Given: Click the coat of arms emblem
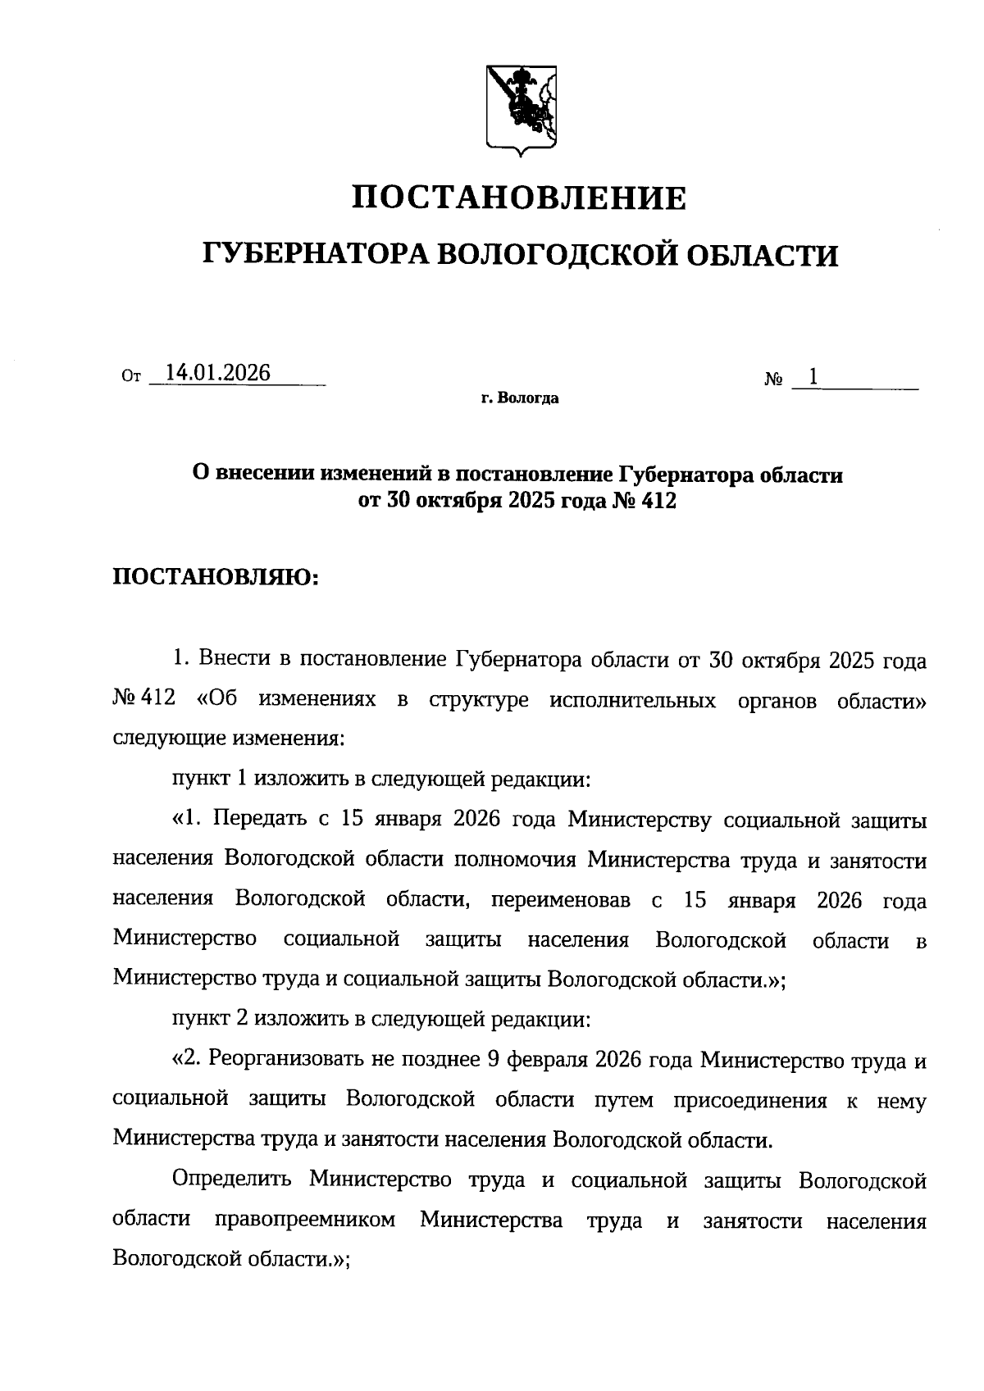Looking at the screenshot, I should [521, 107].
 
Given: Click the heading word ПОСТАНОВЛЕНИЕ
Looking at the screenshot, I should [520, 198].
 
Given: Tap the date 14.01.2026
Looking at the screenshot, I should [217, 373].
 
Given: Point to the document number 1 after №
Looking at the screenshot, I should [813, 377].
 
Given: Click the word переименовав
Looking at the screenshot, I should [561, 900].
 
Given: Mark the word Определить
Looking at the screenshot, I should [232, 1181].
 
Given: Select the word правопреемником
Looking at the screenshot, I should [305, 1221].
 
